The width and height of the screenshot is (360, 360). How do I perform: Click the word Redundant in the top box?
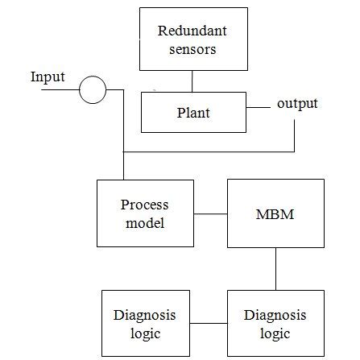[192, 31]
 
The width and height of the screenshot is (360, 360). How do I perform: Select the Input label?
[48, 77]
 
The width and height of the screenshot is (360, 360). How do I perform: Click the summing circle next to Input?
[93, 90]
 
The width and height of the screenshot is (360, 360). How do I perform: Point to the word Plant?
[193, 113]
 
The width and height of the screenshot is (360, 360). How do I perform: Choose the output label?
[297, 104]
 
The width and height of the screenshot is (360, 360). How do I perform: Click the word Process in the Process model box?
[145, 205]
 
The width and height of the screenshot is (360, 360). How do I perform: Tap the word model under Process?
[145, 222]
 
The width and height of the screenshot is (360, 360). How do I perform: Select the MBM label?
[275, 214]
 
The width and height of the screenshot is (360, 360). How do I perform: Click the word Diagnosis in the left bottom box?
[145, 315]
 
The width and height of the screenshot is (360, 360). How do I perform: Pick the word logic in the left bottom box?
[145, 332]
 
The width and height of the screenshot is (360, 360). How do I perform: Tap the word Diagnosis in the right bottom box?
[275, 315]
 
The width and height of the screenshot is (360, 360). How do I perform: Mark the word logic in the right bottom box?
[275, 332]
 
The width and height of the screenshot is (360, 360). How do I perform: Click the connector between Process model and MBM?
[210, 214]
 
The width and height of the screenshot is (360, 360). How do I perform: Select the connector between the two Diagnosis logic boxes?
[208, 323]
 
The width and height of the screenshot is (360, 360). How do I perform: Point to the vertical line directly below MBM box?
[276, 267]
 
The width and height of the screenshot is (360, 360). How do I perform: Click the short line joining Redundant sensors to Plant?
[192, 81]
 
